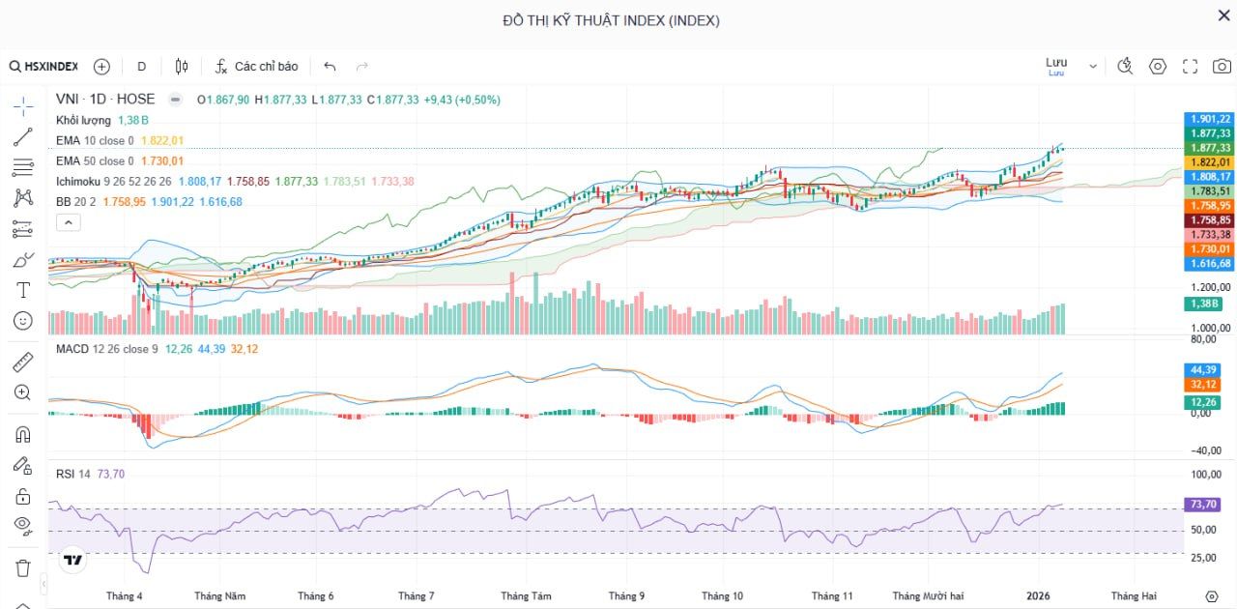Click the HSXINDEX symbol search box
[x=43, y=67]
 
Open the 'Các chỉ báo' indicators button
[x=256, y=67]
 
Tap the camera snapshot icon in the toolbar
[x=1222, y=67]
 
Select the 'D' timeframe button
[x=141, y=67]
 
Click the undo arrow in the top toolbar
[x=330, y=67]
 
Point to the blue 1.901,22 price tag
[x=1210, y=119]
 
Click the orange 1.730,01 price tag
[x=1210, y=249]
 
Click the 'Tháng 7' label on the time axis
[x=416, y=596]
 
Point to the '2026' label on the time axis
[x=1038, y=596]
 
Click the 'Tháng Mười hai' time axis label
[x=928, y=596]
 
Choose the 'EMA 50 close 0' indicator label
[x=95, y=161]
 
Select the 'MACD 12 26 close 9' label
[x=106, y=348]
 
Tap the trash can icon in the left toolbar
[x=23, y=567]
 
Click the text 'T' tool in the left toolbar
[x=23, y=290]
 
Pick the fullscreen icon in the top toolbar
[x=1190, y=67]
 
